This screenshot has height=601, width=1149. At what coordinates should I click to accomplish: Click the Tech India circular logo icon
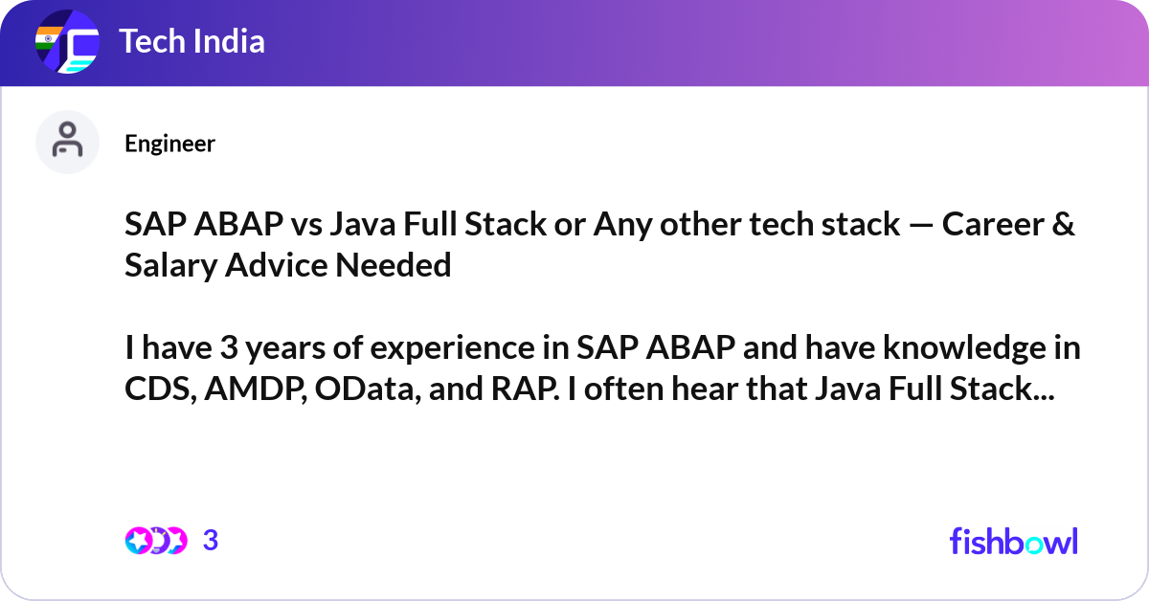point(67,41)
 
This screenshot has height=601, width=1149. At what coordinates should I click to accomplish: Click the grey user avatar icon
point(67,142)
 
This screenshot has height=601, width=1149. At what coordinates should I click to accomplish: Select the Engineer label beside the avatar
point(169,144)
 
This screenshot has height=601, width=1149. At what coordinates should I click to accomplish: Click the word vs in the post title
point(306,225)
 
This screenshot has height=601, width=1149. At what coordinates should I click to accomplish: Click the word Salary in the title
point(170,266)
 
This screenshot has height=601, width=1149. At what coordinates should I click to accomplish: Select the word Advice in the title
point(277,265)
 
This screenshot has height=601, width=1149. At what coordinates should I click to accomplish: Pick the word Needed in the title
point(393,265)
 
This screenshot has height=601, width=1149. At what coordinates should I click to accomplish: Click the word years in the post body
point(284,348)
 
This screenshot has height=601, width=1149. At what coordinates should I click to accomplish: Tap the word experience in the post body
point(452,348)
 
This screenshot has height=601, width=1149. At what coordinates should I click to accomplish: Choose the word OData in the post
point(368,389)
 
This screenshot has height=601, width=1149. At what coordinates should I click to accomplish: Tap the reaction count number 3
point(211,541)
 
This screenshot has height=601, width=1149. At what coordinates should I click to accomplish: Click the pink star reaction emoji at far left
point(138,541)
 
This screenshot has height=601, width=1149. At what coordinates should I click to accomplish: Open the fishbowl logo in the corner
point(1014,541)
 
